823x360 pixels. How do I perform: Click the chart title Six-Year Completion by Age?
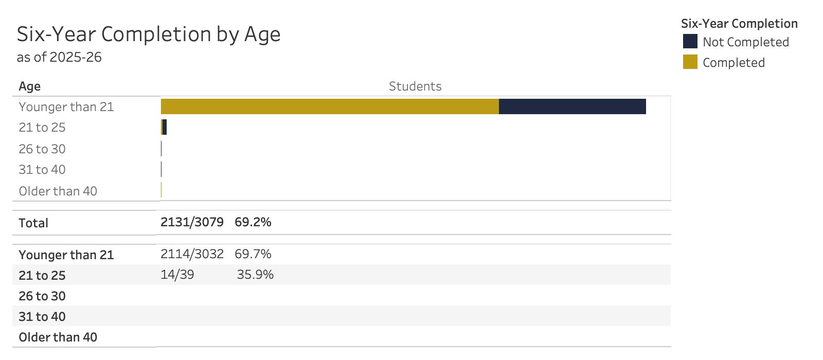[149, 34]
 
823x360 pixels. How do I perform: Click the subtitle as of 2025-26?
[59, 57]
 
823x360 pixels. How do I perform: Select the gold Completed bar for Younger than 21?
[330, 106]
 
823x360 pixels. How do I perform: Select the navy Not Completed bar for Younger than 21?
[572, 106]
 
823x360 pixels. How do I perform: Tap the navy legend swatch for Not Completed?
[690, 42]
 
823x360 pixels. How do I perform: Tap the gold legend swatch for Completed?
[690, 62]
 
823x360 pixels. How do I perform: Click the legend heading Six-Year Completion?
[739, 24]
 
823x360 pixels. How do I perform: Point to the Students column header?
[415, 86]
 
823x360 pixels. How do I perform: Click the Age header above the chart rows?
[30, 86]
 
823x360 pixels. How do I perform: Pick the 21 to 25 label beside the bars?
[42, 128]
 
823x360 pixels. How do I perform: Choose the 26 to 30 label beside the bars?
[42, 149]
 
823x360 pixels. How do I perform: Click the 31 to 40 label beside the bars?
[42, 170]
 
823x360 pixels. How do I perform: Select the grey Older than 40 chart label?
[58, 191]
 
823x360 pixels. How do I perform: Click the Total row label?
[33, 223]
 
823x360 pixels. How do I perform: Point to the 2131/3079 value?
[192, 222]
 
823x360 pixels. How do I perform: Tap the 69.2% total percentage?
[253, 222]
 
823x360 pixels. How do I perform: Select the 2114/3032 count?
[192, 254]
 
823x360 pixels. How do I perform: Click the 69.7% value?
[253, 254]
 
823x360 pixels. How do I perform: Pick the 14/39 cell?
[177, 275]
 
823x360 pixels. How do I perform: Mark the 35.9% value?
[255, 275]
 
